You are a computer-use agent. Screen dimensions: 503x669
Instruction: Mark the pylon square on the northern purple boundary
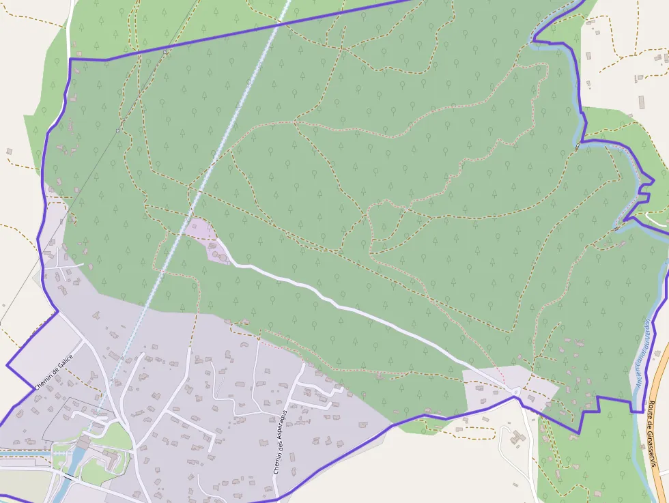click(165, 51)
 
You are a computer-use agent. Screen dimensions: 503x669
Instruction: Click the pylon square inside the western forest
click(117, 130)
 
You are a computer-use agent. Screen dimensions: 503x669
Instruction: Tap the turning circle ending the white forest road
click(517, 391)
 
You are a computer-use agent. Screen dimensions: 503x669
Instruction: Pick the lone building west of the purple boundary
click(10, 151)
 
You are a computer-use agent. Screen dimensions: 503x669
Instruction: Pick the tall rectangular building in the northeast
click(642, 102)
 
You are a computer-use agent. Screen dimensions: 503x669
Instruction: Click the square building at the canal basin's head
click(83, 444)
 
